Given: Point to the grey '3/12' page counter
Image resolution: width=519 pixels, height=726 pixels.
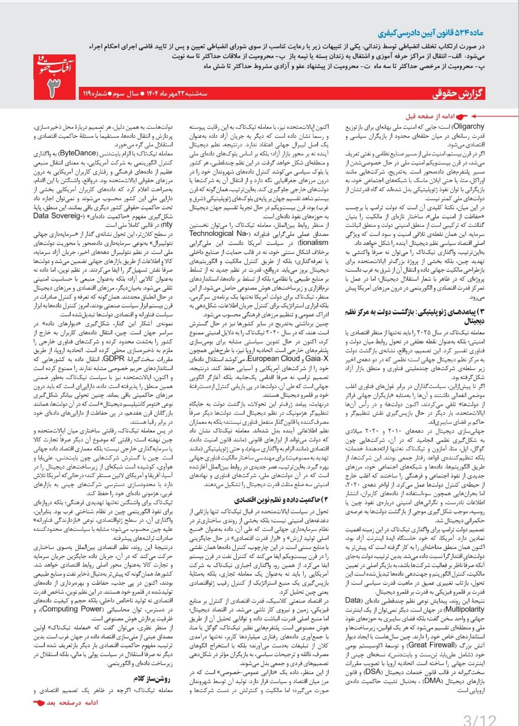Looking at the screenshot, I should click(479, 717).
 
